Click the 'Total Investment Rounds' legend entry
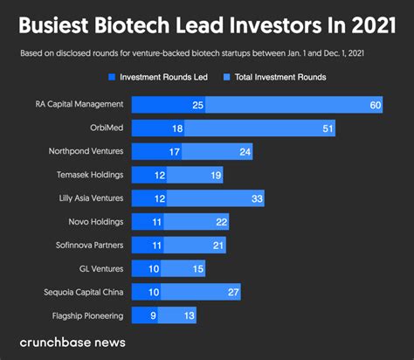point(274,77)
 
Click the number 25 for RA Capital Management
point(197,105)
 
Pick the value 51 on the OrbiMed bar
point(328,128)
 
